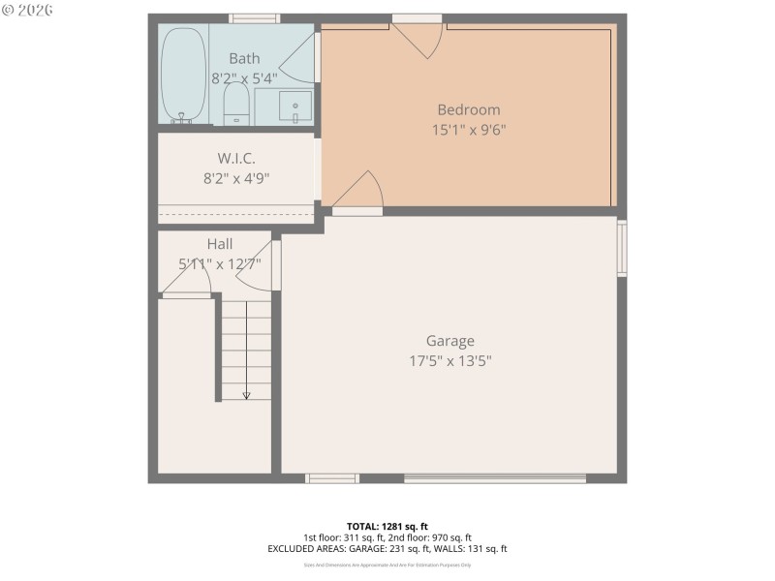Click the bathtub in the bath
pyautogui.click(x=182, y=76)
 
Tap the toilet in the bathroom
pyautogui.click(x=236, y=104)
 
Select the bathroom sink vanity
pyautogui.click(x=294, y=105)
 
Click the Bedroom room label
pyautogui.click(x=468, y=109)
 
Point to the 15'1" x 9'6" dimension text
pyautogui.click(x=468, y=129)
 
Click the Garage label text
pyautogui.click(x=450, y=341)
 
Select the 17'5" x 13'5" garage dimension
pyautogui.click(x=450, y=360)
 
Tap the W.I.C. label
pyautogui.click(x=236, y=158)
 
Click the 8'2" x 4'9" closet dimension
pyautogui.click(x=236, y=177)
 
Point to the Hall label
pyautogui.click(x=219, y=244)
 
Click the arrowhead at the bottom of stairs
pyautogui.click(x=246, y=395)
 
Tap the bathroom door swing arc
pyautogui.click(x=301, y=58)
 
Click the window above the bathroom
pyautogui.click(x=255, y=17)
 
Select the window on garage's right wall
pyautogui.click(x=622, y=249)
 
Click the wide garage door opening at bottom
pyautogui.click(x=494, y=477)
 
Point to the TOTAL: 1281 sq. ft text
pyautogui.click(x=387, y=526)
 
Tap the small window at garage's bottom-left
pyautogui.click(x=332, y=477)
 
